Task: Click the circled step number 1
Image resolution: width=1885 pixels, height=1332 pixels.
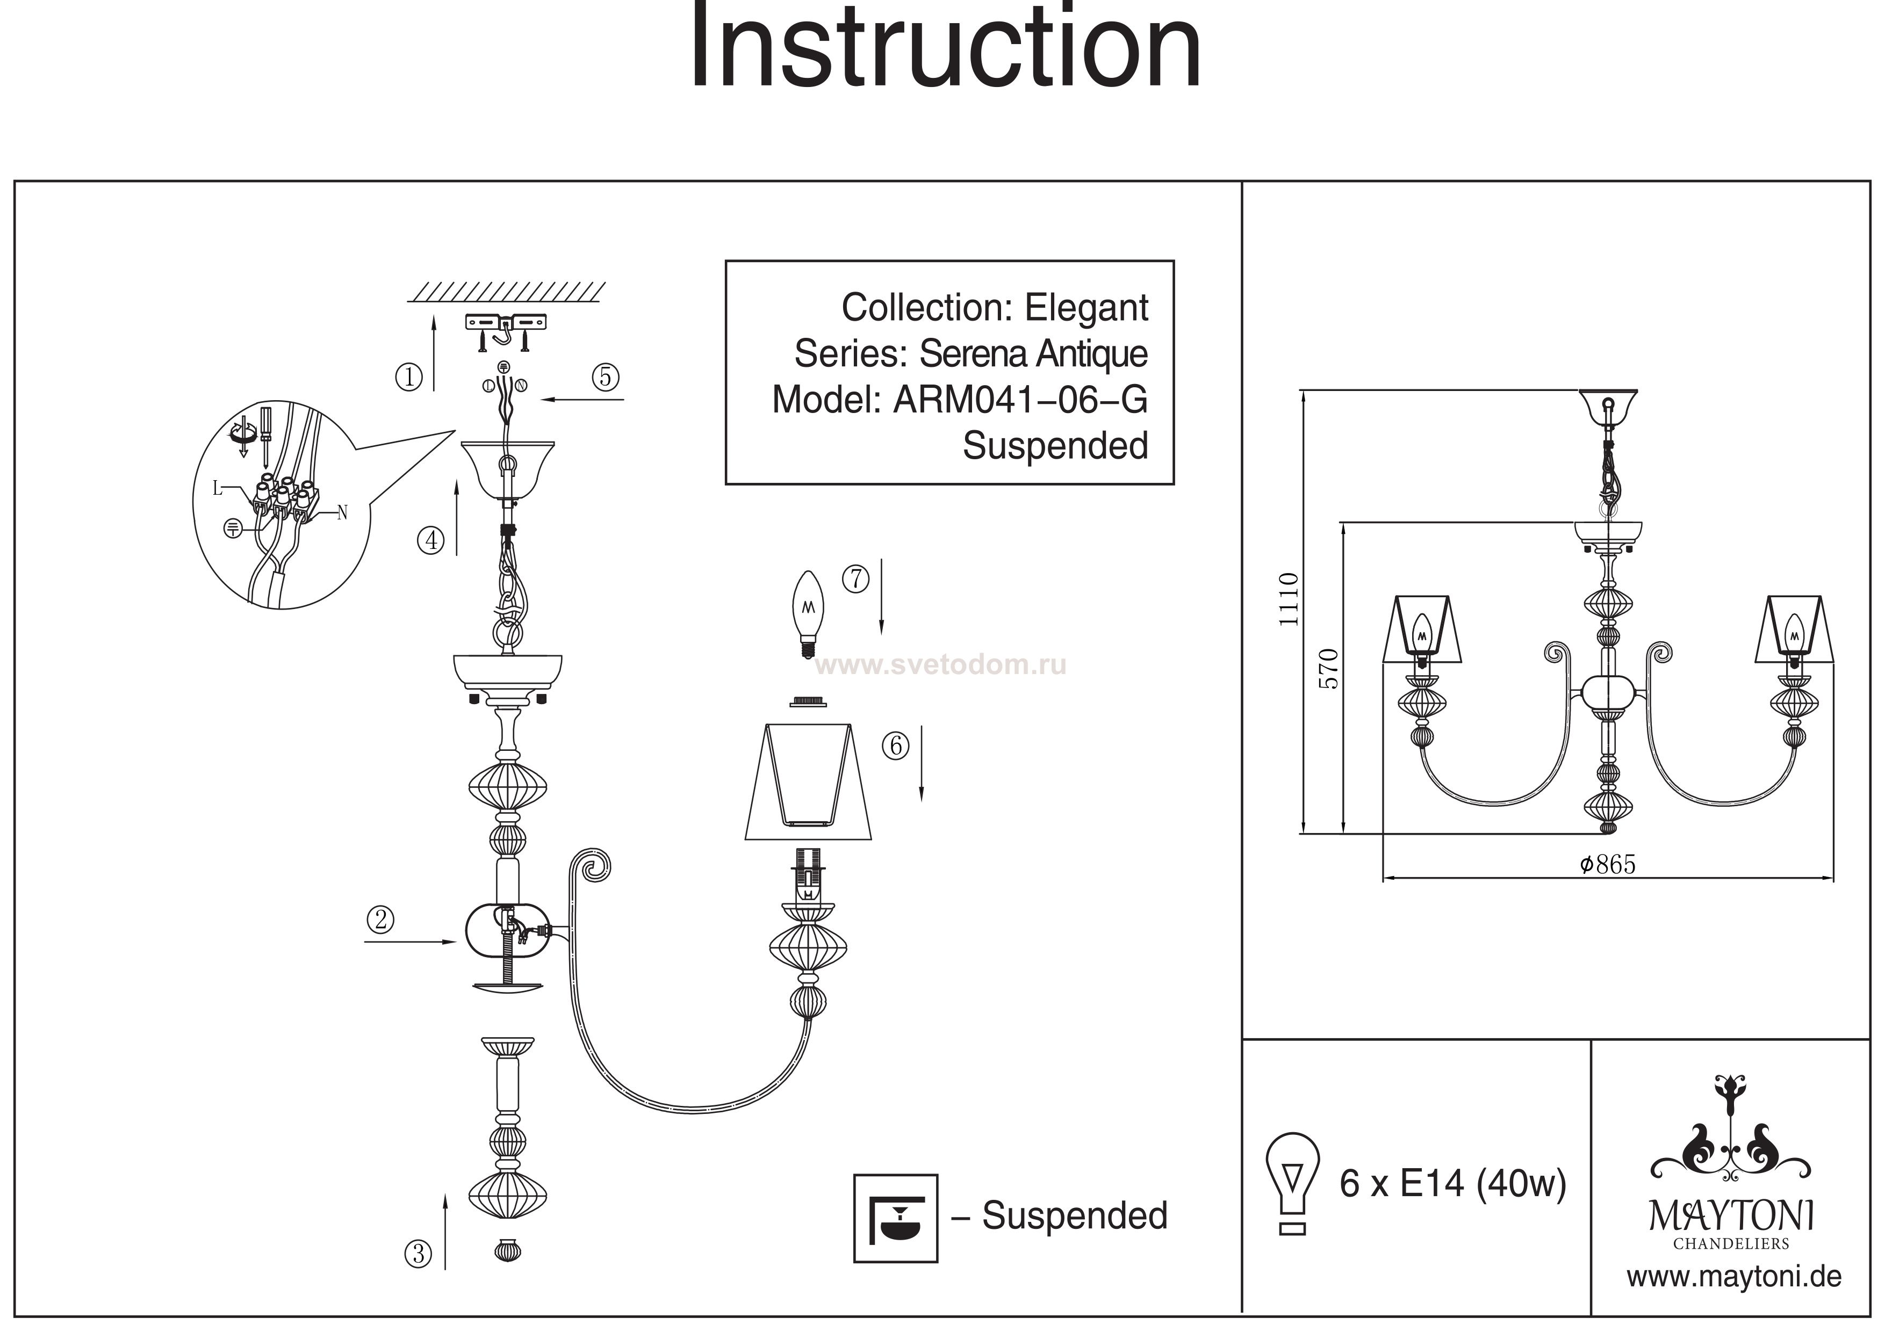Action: pos(409,378)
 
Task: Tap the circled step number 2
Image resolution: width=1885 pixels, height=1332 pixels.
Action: pos(380,919)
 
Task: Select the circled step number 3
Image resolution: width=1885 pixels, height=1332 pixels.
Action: pos(418,1254)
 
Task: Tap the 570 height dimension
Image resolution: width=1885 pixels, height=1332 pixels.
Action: pos(1328,669)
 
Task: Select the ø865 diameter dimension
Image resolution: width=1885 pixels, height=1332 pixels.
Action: pos(1608,864)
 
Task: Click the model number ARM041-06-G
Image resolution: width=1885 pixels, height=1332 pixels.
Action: pos(1020,400)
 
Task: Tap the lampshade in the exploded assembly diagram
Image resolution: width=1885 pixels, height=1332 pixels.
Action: pos(808,781)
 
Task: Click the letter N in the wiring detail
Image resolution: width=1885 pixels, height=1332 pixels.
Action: pos(342,513)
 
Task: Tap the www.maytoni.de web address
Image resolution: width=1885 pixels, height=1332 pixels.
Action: pos(1733,1277)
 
